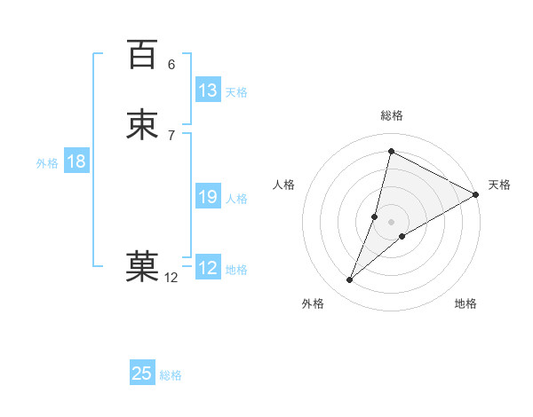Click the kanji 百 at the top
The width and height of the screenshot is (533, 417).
click(142, 54)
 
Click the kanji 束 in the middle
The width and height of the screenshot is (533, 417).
click(142, 124)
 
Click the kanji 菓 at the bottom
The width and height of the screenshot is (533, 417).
click(142, 266)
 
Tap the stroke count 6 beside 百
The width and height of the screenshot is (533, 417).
click(171, 65)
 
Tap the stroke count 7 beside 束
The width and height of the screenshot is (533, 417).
click(171, 135)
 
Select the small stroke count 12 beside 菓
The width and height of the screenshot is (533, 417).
click(171, 278)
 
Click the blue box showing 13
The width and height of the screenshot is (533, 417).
click(208, 90)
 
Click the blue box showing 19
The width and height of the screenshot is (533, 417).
click(208, 197)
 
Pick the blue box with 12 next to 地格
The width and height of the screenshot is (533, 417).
click(208, 268)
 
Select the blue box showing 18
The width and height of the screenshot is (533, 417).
click(76, 161)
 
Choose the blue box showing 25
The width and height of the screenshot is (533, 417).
click(142, 374)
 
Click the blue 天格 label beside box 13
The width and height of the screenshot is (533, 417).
click(236, 92)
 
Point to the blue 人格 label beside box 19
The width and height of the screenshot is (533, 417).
click(236, 199)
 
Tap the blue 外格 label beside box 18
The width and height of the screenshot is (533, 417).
click(47, 163)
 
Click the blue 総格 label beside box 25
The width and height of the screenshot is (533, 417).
click(171, 375)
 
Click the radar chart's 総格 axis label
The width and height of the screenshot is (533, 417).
click(392, 115)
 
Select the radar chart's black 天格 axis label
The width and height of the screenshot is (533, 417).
click(499, 185)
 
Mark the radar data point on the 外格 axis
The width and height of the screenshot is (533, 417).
click(350, 280)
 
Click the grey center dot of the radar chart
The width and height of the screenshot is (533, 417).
click(392, 222)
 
